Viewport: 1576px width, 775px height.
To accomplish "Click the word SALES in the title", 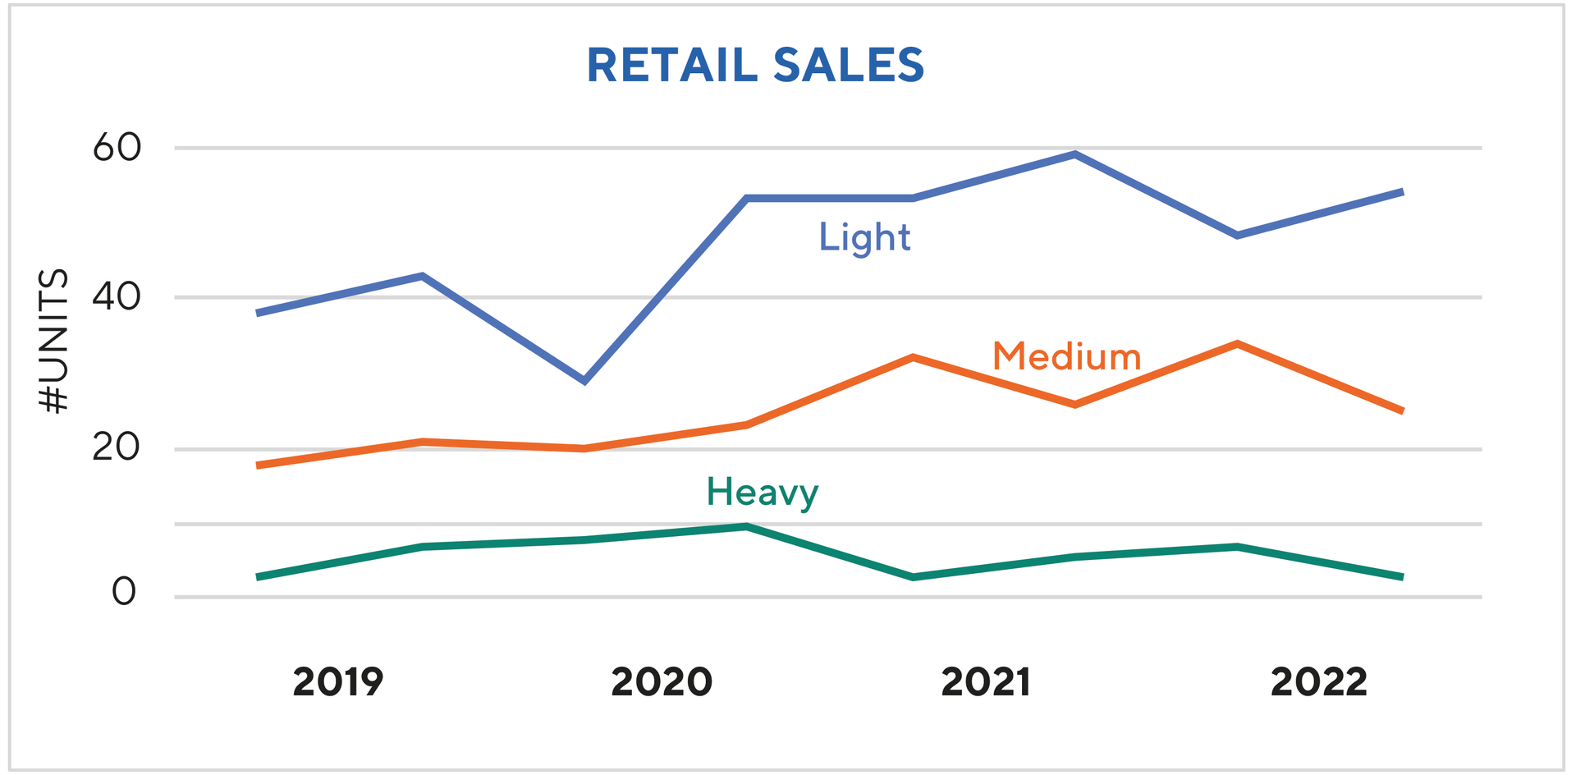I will coord(849,66).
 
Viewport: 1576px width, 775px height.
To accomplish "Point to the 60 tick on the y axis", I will coord(117,149).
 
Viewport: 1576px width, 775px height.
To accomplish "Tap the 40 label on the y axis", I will coord(117,297).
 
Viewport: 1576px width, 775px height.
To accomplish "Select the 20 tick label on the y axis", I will coord(117,448).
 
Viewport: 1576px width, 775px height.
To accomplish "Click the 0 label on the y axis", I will coord(124,592).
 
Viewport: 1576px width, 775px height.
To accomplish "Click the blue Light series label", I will coord(864,238).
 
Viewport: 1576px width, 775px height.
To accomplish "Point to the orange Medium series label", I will coord(1066,357).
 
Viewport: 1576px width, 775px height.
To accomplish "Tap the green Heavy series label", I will coord(762,493).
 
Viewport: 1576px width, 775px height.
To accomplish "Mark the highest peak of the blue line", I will coord(1074,154).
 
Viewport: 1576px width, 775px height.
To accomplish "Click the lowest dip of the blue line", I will coord(584,381).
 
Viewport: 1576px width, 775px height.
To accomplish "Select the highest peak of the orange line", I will coord(1236,344).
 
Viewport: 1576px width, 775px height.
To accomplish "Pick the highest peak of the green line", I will coord(746,526).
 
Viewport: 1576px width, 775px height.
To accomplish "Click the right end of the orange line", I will coord(1401,410).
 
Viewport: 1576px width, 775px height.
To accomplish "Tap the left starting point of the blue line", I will coord(259,313).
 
